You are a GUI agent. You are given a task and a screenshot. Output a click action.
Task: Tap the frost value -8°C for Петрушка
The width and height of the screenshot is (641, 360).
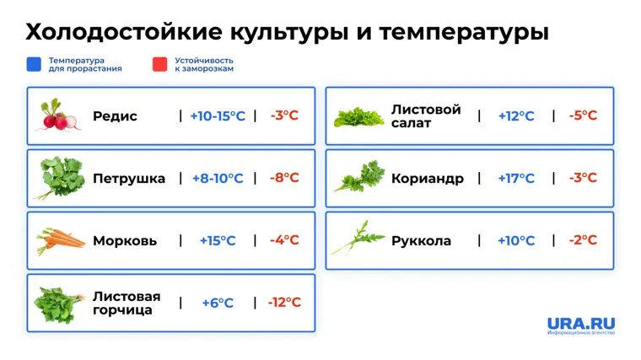tap(284, 178)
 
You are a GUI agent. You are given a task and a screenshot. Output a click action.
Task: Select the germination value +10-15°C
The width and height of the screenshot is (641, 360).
tap(218, 116)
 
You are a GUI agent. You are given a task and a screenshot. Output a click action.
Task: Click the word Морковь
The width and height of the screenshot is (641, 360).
tap(125, 240)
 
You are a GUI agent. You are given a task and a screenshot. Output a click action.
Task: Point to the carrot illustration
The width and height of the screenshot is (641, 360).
tap(61, 240)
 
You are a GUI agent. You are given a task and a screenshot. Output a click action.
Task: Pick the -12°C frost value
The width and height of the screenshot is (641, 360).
tap(284, 303)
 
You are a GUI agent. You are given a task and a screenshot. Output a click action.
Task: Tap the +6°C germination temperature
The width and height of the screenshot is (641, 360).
tap(218, 303)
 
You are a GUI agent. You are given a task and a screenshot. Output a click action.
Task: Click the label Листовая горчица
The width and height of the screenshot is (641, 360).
tap(127, 303)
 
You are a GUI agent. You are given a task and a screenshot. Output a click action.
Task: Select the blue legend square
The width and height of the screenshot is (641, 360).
tap(34, 64)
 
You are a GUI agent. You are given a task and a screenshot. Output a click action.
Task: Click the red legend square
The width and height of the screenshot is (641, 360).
tap(160, 64)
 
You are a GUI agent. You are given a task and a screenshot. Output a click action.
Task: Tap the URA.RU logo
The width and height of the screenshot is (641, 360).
tap(581, 325)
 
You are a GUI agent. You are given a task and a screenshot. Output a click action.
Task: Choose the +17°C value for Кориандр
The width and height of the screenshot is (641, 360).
tap(516, 178)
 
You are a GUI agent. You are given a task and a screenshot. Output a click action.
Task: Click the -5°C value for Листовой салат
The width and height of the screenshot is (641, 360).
tap(583, 116)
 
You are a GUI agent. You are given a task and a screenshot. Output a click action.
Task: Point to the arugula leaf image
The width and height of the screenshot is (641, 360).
tap(358, 238)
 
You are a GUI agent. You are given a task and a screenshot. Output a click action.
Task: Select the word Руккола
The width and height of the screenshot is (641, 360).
tap(421, 240)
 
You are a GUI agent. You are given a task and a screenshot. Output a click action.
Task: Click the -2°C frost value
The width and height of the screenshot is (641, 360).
tap(583, 240)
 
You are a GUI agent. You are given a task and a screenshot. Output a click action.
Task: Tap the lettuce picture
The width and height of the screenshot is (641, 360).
tap(358, 117)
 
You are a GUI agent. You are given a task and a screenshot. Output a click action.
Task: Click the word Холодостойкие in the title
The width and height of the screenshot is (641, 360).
tap(124, 31)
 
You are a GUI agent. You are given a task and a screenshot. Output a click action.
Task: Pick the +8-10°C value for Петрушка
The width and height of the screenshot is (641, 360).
tap(218, 178)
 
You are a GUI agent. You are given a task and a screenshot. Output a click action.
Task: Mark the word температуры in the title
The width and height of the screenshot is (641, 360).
tap(464, 33)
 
